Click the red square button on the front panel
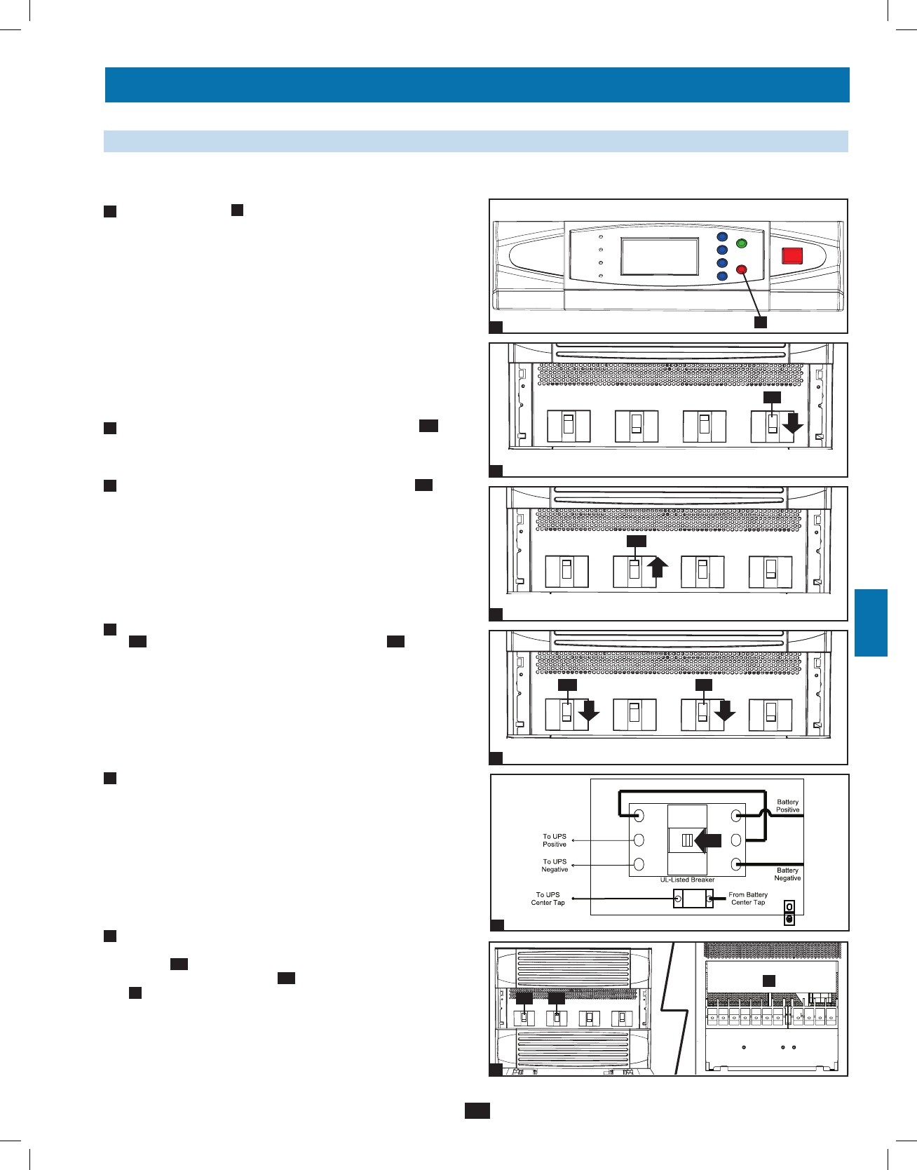point(792,255)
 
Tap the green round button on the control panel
point(742,243)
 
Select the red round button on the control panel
point(742,269)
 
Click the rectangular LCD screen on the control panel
point(660,256)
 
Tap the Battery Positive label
point(787,806)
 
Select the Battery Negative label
point(787,874)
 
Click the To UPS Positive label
point(554,840)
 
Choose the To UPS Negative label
point(554,866)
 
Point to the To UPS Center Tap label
point(548,899)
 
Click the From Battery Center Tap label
point(748,899)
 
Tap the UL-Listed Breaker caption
point(687,880)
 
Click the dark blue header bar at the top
point(477,85)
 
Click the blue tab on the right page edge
point(871,623)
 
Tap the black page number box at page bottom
point(477,1110)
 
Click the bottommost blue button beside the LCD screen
point(722,276)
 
